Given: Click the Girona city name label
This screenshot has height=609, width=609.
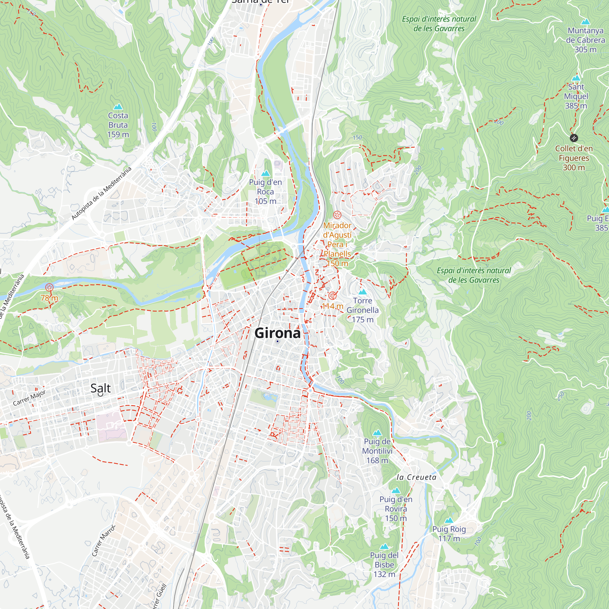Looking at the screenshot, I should pyautogui.click(x=277, y=333).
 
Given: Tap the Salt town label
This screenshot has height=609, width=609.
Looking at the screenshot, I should pyautogui.click(x=100, y=388).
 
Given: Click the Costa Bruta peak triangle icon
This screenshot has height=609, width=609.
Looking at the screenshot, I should pyautogui.click(x=118, y=107).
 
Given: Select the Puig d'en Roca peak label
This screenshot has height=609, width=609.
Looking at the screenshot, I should pyautogui.click(x=266, y=191).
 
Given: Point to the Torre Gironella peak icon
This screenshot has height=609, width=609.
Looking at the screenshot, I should pyautogui.click(x=362, y=292).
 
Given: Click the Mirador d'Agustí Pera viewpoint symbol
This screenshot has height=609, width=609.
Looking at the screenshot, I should pyautogui.click(x=337, y=215).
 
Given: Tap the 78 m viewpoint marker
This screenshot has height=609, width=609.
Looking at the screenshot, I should pyautogui.click(x=49, y=287).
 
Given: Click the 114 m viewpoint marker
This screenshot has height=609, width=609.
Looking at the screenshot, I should pyautogui.click(x=332, y=296).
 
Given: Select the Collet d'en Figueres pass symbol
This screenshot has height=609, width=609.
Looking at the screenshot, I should pyautogui.click(x=574, y=138).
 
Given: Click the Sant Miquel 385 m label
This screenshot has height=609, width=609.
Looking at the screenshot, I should pyautogui.click(x=576, y=96).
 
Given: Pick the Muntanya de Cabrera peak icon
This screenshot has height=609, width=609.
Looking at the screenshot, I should pyautogui.click(x=585, y=22).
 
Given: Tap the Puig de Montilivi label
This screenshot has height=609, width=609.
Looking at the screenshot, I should pyautogui.click(x=377, y=451).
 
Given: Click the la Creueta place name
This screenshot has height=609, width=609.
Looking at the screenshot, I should pyautogui.click(x=416, y=477).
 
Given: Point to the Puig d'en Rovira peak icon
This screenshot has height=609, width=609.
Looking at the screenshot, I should pyautogui.click(x=396, y=491).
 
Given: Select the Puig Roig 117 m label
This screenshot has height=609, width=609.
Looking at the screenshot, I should pyautogui.click(x=449, y=533).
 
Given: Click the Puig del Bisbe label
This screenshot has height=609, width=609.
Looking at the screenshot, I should pyautogui.click(x=384, y=565).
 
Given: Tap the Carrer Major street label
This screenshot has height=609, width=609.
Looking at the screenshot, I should pyautogui.click(x=29, y=398).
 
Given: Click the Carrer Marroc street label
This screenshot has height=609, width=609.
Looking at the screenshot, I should pyautogui.click(x=104, y=540).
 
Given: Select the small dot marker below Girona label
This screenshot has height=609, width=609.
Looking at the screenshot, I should pyautogui.click(x=277, y=341).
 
